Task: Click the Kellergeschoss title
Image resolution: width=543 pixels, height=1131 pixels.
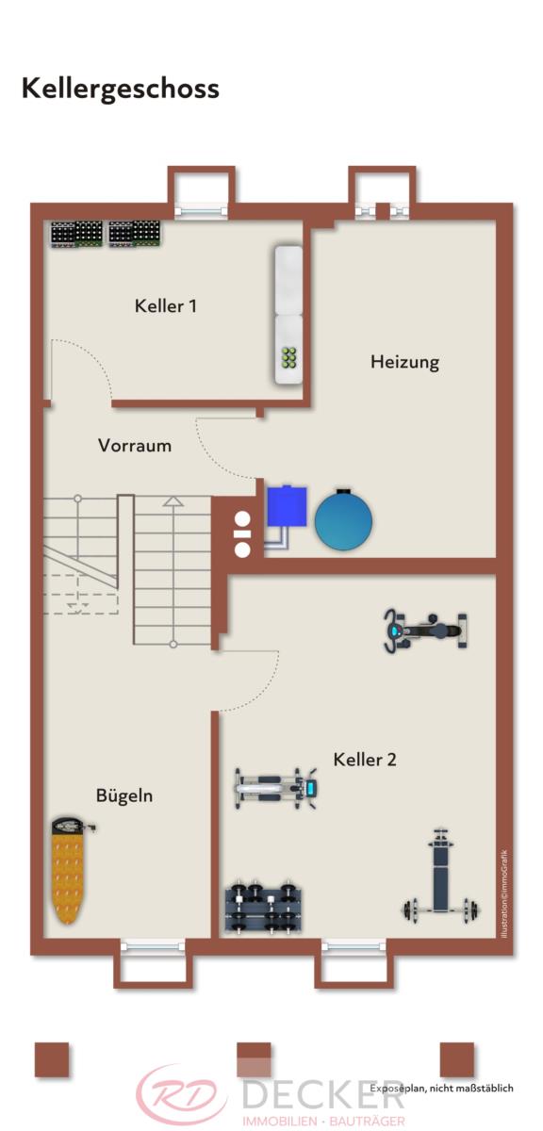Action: point(121,90)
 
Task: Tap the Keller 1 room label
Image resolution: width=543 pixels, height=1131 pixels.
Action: point(166,305)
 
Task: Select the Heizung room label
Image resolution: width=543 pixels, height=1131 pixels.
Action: point(404,362)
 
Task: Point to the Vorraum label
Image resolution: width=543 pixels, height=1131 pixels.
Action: point(135,445)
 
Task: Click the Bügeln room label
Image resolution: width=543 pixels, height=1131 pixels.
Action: point(124,795)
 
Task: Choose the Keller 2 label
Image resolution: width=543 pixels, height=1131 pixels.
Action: point(365,760)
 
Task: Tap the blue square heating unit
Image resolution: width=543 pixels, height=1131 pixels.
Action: point(287,505)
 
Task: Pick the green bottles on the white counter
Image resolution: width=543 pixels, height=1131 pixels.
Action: point(288,357)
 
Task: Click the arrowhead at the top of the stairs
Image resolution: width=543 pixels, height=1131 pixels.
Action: point(173,500)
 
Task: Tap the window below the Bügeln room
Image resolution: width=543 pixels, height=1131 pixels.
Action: point(153,944)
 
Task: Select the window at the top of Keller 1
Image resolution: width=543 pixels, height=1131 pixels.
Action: point(201,211)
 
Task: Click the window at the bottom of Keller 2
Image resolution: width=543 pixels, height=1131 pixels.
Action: point(354,944)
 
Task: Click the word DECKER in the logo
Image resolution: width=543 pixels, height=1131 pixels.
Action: point(323,1093)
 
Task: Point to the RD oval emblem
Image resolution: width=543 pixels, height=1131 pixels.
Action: point(183,1094)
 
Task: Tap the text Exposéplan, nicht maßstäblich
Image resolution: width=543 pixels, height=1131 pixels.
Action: point(441,1088)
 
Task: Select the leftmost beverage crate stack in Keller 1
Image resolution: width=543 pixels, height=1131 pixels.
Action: point(76,234)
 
